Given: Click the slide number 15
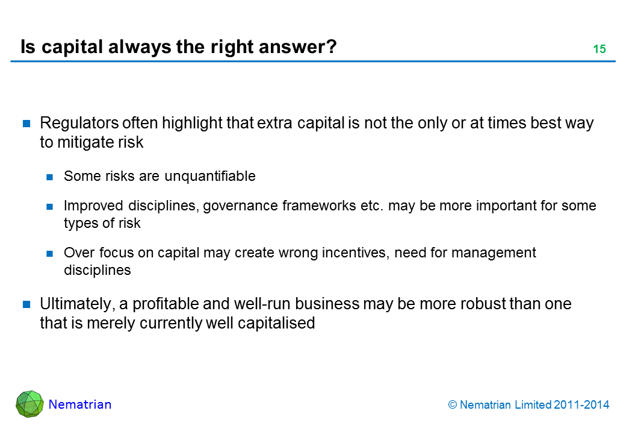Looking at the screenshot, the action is coord(600,49).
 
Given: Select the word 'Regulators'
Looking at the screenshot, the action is coord(79,123).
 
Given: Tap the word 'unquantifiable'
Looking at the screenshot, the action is coord(210,176).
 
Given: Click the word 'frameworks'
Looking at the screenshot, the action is coord(319,206).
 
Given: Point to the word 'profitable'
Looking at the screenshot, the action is coord(166,304).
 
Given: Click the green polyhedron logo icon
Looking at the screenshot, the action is coord(29,404).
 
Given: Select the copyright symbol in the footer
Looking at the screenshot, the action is coord(452,405).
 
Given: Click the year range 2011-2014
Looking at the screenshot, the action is coord(581,405).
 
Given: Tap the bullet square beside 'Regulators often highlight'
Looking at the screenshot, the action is coord(26,124).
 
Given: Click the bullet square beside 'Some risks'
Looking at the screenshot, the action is coord(49,177).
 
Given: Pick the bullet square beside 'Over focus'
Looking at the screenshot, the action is coord(49,253).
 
